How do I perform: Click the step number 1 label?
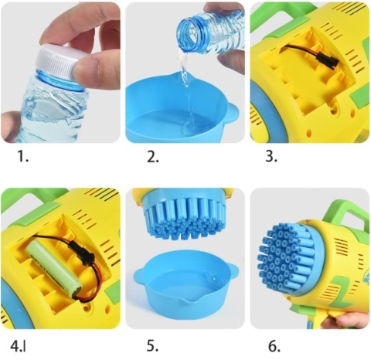(23, 156)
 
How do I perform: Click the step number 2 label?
(153, 157)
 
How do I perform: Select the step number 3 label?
(271, 156)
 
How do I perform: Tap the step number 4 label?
(18, 346)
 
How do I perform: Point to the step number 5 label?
(152, 346)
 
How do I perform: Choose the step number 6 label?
(274, 346)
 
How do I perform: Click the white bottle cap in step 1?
(57, 61)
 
